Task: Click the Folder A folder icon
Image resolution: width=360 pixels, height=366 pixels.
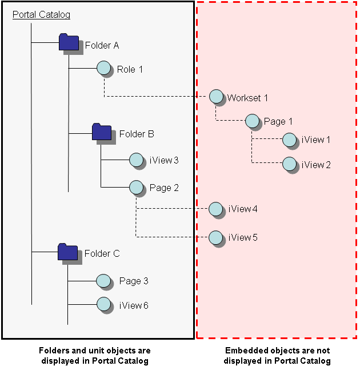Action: pyautogui.click(x=69, y=42)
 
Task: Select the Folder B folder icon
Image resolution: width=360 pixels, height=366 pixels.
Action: pyautogui.click(x=101, y=132)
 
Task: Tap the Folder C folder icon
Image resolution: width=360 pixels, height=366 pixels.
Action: pyautogui.click(x=67, y=252)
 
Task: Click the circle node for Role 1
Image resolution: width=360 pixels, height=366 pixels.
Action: pyautogui.click(x=103, y=69)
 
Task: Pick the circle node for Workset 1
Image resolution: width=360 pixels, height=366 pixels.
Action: pyautogui.click(x=216, y=97)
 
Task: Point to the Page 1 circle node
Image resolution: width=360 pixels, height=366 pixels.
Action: pyautogui.click(x=252, y=121)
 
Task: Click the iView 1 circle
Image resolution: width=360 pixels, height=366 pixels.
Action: pyautogui.click(x=289, y=140)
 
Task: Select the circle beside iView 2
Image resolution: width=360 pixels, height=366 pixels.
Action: pyautogui.click(x=289, y=164)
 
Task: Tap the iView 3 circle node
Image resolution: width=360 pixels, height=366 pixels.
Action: pyautogui.click(x=136, y=160)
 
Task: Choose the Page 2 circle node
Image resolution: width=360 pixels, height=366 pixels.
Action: pyautogui.click(x=136, y=187)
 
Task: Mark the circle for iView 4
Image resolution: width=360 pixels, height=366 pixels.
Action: pyautogui.click(x=216, y=209)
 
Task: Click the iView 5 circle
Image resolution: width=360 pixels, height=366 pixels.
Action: pyautogui.click(x=216, y=237)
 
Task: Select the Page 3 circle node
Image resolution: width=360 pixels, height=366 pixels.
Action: pyautogui.click(x=103, y=281)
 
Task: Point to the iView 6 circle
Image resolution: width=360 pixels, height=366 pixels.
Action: pyautogui.click(x=103, y=305)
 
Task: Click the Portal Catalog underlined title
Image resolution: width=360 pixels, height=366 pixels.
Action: pyautogui.click(x=41, y=14)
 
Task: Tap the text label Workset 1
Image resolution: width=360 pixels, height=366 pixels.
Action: pyautogui.click(x=247, y=98)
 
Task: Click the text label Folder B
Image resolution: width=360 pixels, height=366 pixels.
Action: pyautogui.click(x=137, y=134)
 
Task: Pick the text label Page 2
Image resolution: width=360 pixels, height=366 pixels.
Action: pyautogui.click(x=165, y=188)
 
